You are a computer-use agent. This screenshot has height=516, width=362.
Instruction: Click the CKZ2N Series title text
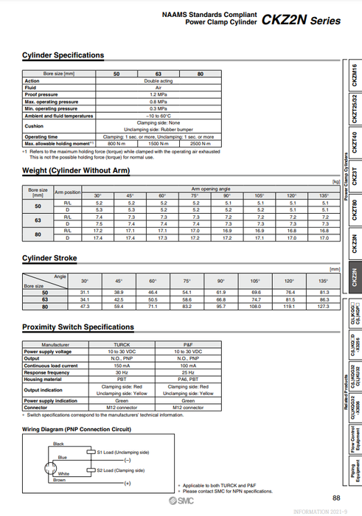(x=302, y=20)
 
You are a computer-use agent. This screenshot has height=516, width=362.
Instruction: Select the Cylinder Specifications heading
(x=63, y=55)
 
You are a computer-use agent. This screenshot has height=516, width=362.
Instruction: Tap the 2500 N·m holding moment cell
(x=199, y=142)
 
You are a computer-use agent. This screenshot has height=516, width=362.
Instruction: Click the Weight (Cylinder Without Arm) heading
(x=76, y=171)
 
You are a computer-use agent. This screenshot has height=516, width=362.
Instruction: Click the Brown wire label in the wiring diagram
(x=59, y=479)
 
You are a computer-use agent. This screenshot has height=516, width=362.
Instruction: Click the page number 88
(x=336, y=498)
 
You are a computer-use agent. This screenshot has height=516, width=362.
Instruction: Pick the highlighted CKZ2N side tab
(x=354, y=278)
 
